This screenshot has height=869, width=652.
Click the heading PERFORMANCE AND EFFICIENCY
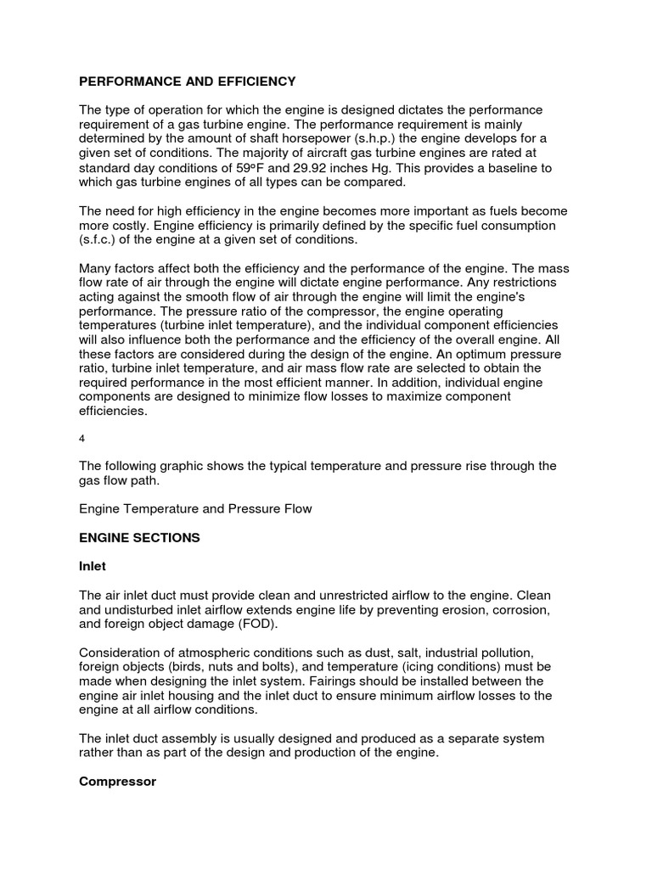coord(188,81)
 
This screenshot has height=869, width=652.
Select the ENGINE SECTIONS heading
coord(139,538)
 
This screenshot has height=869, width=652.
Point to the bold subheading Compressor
coord(117,782)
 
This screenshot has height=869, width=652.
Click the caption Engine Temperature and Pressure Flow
coord(195,509)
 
